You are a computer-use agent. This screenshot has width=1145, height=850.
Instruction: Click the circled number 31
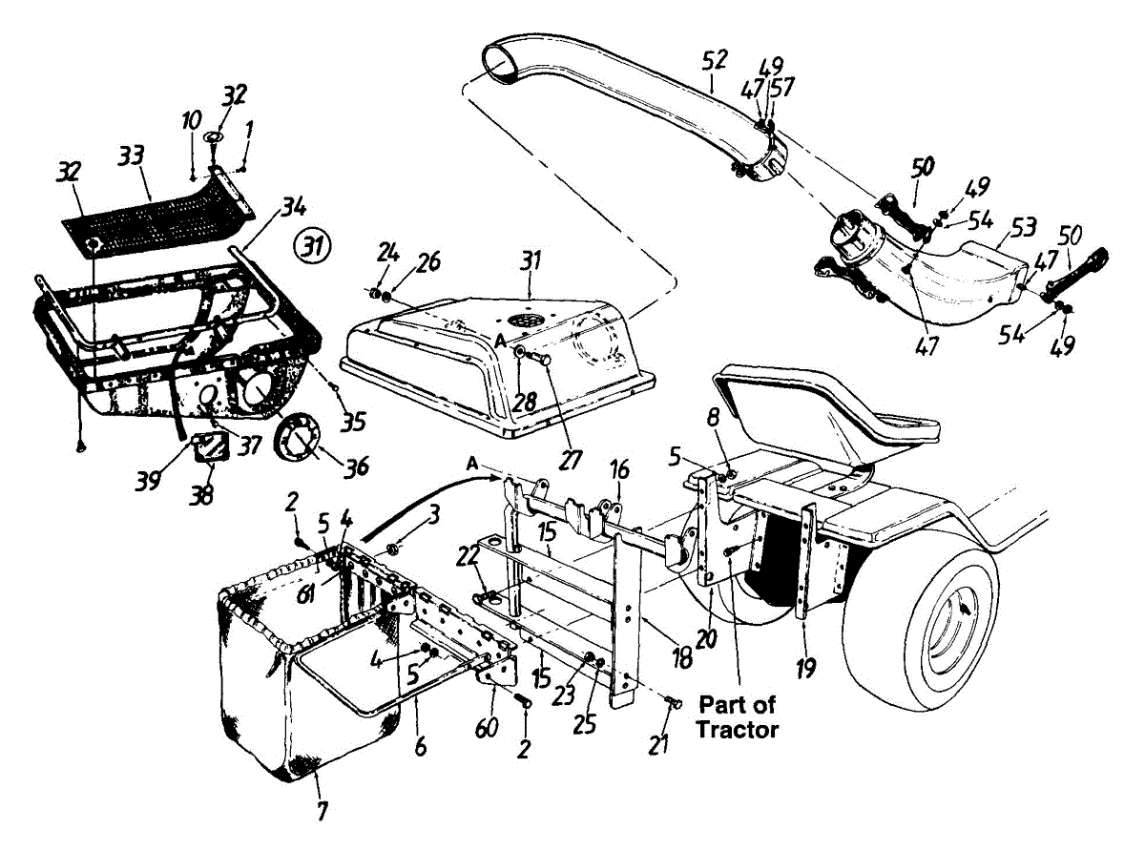pos(313,246)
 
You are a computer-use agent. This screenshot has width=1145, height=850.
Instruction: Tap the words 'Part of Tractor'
pos(738,717)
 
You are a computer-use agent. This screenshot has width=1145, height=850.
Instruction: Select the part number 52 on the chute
pos(713,60)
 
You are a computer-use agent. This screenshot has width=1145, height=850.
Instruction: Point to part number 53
pos(1023,229)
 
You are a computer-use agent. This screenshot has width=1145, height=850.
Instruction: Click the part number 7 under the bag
pos(322,812)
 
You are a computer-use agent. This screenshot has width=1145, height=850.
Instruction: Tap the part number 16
pos(619,469)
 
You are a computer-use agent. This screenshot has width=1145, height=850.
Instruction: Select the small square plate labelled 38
pos(212,447)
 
